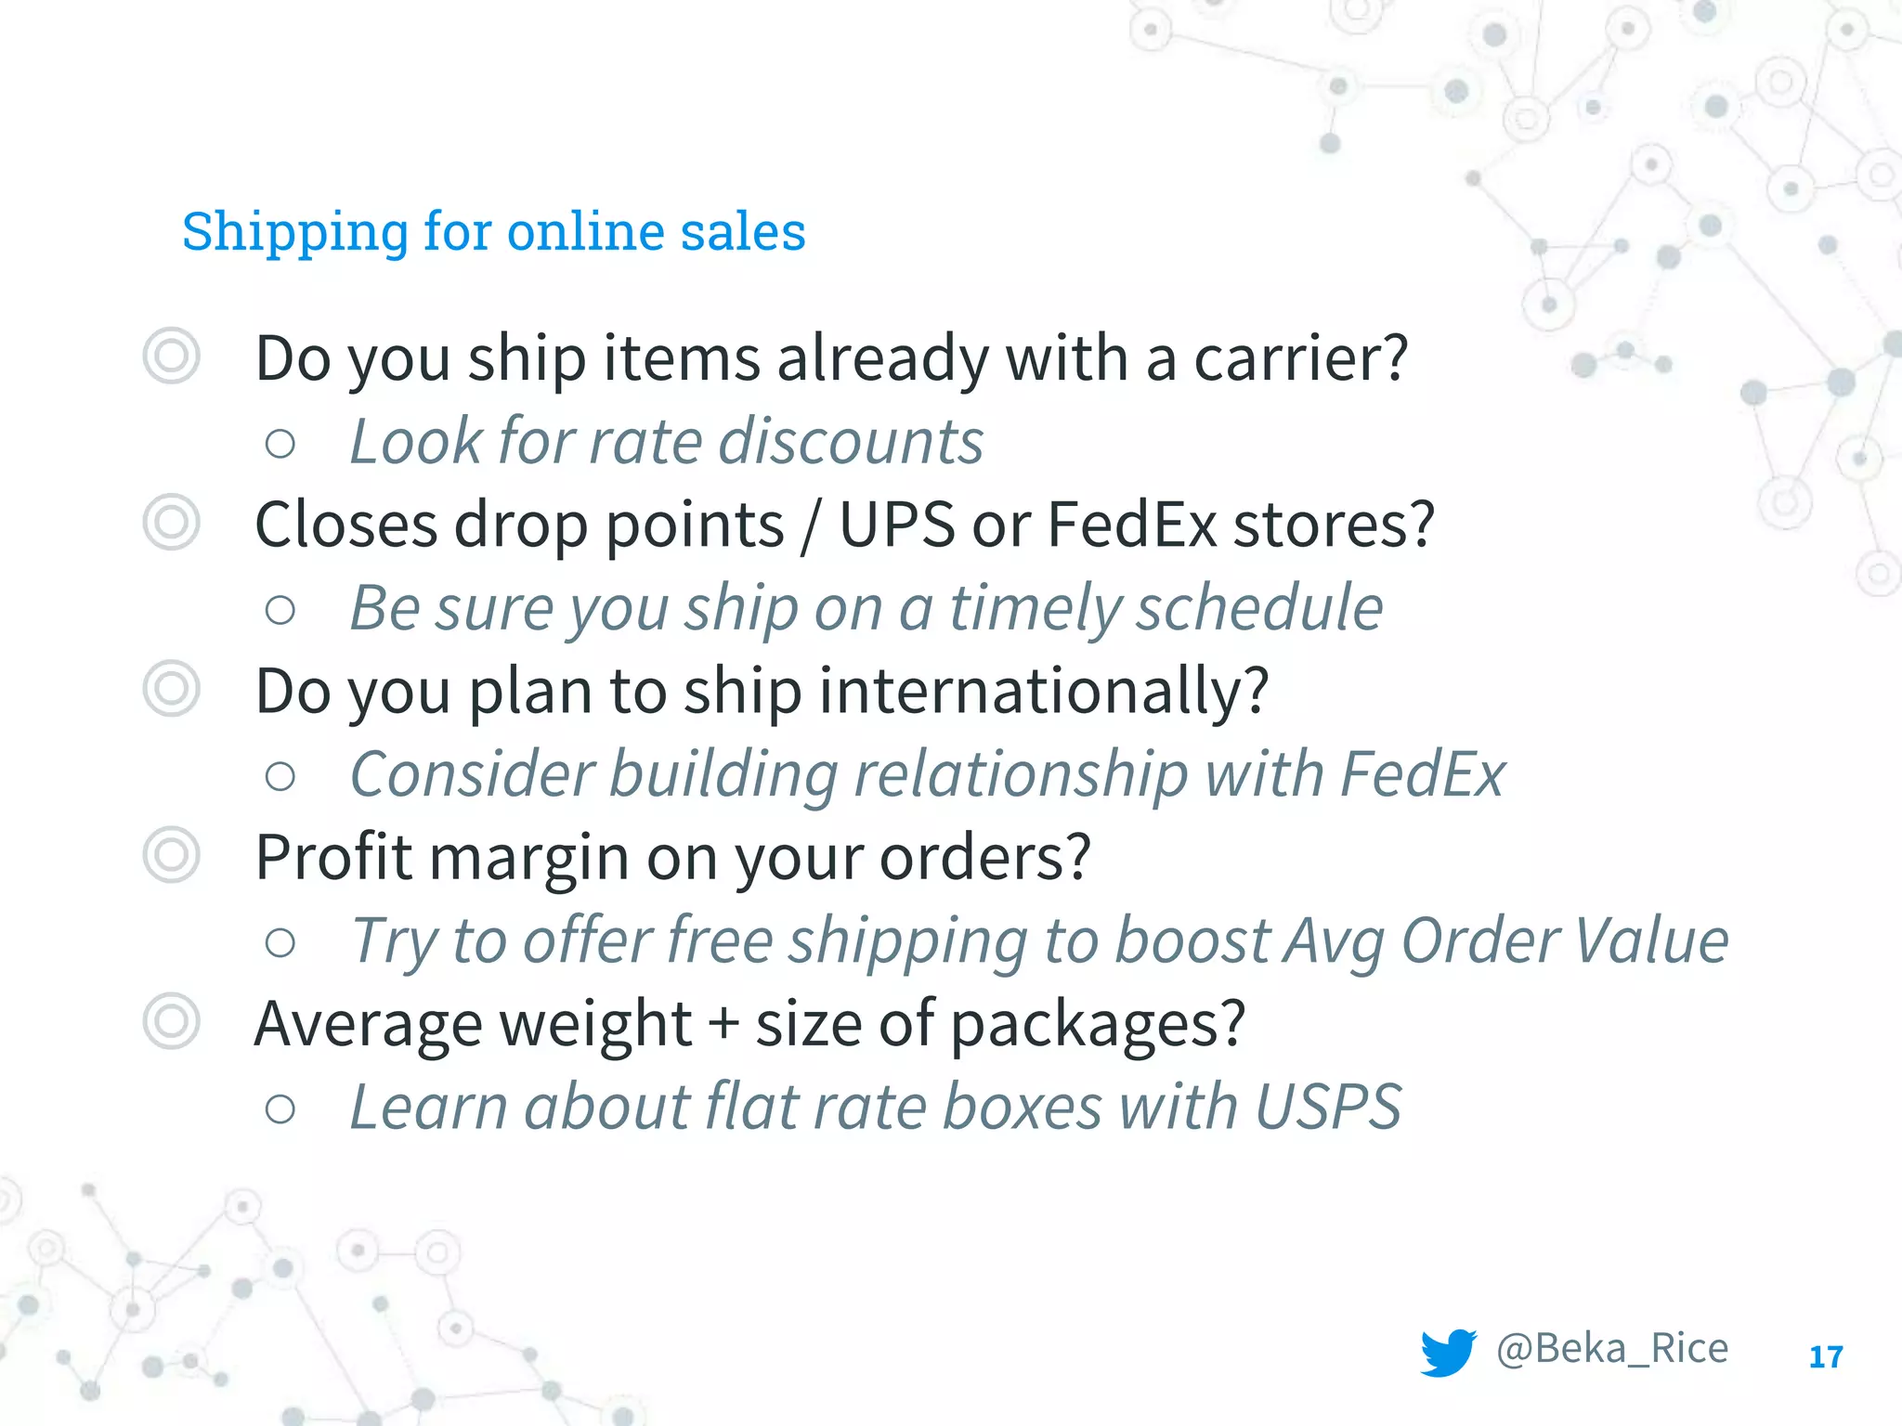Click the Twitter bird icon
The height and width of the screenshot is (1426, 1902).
(x=1447, y=1352)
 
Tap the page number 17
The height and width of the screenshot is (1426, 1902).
(x=1825, y=1357)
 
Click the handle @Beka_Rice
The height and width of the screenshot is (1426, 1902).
(x=1612, y=1349)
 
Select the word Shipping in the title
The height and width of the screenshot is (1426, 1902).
(x=294, y=232)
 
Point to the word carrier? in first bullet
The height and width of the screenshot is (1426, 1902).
(x=1300, y=358)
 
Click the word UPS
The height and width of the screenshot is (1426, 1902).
(x=896, y=525)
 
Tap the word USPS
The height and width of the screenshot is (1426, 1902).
(x=1328, y=1107)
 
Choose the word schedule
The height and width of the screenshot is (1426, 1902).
(x=1260, y=609)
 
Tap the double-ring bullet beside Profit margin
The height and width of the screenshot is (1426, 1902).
(x=172, y=855)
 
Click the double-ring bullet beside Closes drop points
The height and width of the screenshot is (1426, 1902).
(x=172, y=523)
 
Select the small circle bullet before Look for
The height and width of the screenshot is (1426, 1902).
(x=280, y=444)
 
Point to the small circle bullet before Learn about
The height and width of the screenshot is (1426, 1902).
(x=280, y=1108)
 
